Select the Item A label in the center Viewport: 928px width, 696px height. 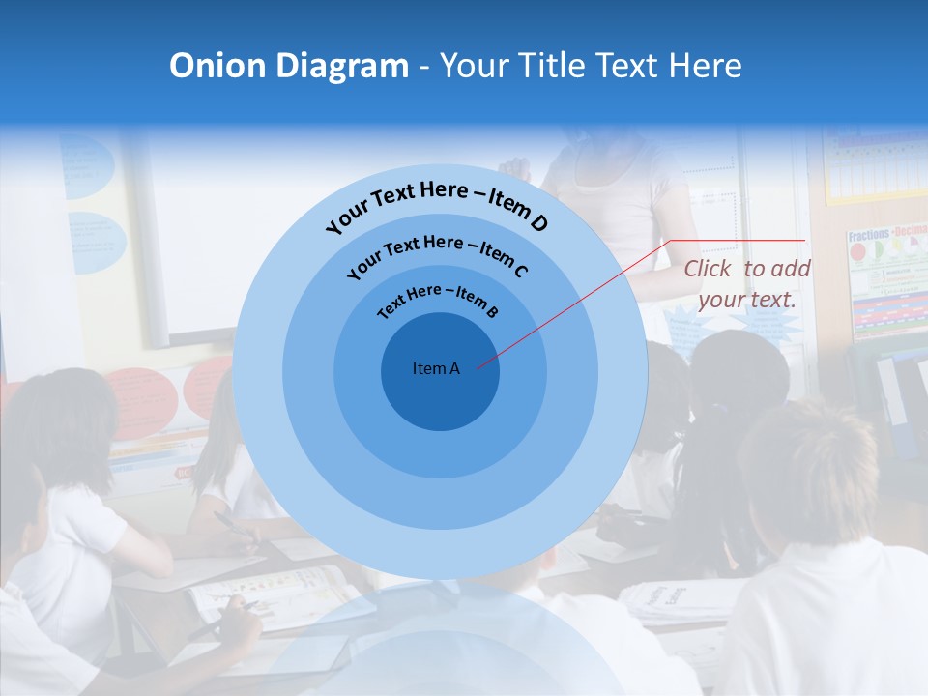click(x=436, y=368)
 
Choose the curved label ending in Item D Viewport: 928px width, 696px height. click(x=437, y=205)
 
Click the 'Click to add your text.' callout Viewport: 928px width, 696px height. click(x=747, y=284)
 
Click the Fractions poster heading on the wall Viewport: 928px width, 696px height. click(x=867, y=236)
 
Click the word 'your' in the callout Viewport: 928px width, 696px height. click(x=721, y=300)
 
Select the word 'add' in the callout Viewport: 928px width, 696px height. click(x=792, y=269)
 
